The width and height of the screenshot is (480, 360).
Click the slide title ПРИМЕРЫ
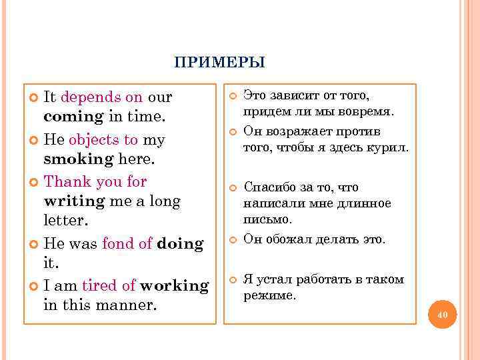(x=219, y=63)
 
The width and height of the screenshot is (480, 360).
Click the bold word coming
(x=73, y=117)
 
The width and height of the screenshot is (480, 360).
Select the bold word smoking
(x=77, y=159)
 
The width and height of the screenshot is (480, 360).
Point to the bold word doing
(x=180, y=243)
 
